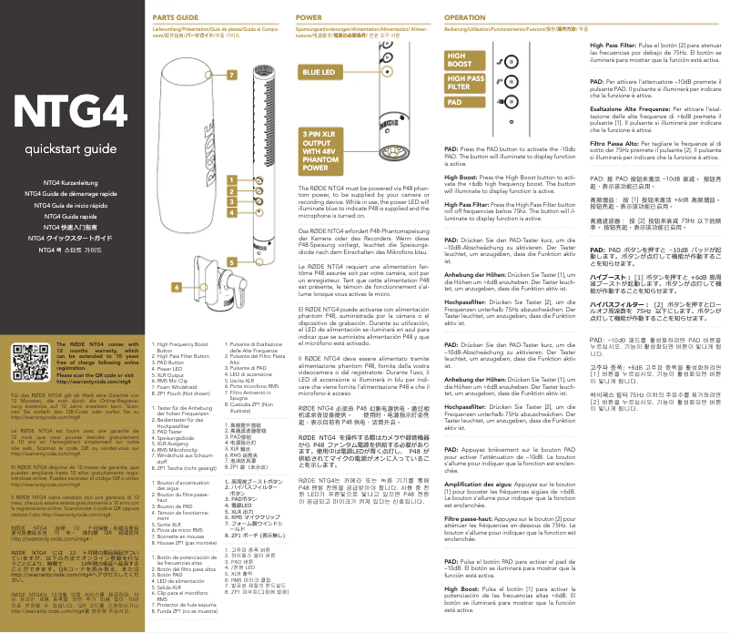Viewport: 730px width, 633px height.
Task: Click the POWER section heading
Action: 309,17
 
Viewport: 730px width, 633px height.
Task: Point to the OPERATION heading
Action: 465,17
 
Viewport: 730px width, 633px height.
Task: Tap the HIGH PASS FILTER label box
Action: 466,84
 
